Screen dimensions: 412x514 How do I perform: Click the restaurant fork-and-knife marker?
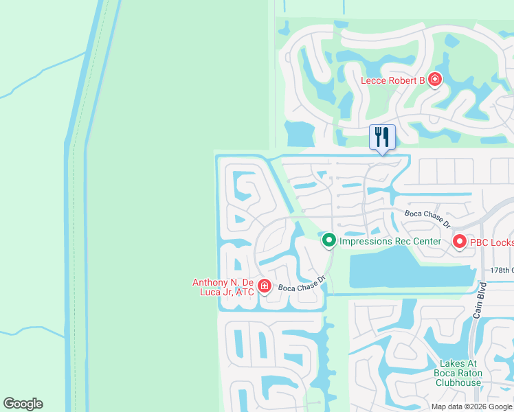coord(382,137)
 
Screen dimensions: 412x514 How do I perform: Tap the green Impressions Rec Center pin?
coord(329,240)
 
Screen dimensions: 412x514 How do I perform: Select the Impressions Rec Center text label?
coord(390,241)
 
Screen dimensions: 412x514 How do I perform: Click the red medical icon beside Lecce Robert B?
coord(434,80)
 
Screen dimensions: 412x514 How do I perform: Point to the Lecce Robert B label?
coord(393,81)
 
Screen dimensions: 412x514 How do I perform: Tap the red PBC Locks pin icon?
coord(459,241)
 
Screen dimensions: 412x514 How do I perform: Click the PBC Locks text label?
coord(492,242)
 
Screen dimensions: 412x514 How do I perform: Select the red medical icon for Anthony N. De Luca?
coord(264,286)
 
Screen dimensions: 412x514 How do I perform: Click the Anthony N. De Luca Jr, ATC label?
coord(223,287)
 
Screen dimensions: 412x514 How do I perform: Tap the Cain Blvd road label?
coord(479,301)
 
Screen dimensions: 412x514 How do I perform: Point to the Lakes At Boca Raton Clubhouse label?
coord(458,374)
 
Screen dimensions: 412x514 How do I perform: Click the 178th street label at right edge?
coord(502,271)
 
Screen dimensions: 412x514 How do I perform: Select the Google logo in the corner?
coord(23,404)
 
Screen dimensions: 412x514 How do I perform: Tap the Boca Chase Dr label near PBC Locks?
coord(427,218)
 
